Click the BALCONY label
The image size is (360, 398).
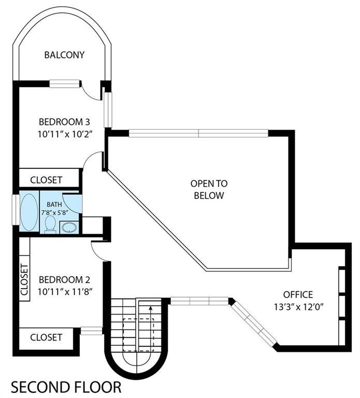[64, 54]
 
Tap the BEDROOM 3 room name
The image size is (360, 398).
[64, 122]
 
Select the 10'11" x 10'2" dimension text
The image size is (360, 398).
[64, 134]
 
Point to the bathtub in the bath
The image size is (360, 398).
[29, 212]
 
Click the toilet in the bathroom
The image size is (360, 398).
[50, 224]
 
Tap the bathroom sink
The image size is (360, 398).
[68, 227]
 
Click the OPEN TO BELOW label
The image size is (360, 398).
[209, 189]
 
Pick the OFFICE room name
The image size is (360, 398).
[298, 294]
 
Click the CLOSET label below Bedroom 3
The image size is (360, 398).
[46, 180]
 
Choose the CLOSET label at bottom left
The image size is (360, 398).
[46, 337]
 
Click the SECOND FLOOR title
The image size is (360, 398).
[66, 387]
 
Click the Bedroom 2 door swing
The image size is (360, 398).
[98, 251]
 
